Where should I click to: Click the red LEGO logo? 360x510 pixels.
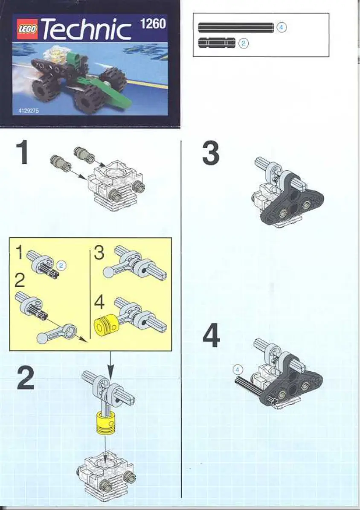27,29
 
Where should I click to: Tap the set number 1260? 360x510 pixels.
153,24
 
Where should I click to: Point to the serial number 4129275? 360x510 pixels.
29,111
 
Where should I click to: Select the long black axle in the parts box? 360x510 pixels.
236,28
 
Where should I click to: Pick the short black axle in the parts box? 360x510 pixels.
217,43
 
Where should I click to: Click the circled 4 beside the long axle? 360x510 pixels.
282,28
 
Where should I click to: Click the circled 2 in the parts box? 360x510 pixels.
244,43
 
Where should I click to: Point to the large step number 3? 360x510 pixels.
211,153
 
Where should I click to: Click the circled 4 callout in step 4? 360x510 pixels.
238,370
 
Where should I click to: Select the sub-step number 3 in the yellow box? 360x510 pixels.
99,253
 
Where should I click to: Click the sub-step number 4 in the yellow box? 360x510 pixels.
99,302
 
